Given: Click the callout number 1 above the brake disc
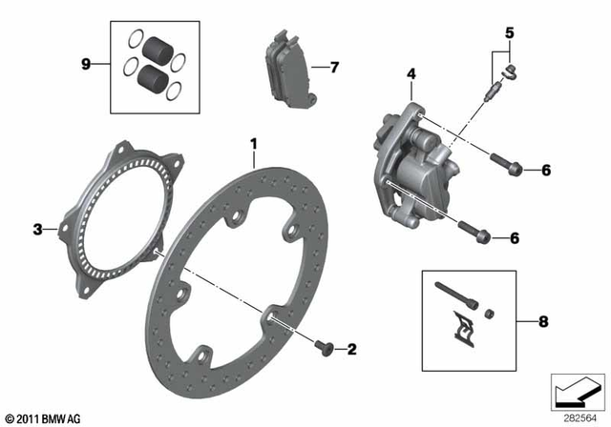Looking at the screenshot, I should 254,145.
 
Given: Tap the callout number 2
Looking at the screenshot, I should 351,350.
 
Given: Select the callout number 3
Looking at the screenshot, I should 38,229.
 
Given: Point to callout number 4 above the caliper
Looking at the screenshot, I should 411,74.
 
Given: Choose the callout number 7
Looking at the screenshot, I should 333,68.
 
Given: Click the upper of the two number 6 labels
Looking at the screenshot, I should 545,171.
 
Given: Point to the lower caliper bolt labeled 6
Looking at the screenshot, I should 475,232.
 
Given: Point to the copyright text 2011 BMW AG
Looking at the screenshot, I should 45,417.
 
